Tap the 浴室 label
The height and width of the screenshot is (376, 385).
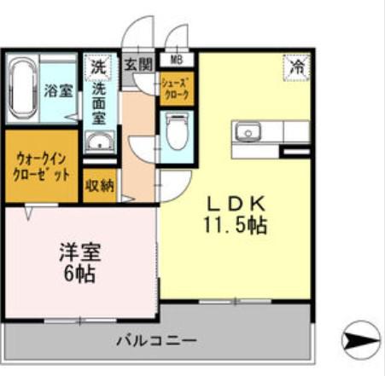57,90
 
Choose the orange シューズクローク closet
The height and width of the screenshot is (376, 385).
177,89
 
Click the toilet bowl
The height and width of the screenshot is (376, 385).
177,135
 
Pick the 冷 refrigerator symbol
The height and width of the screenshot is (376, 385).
296,65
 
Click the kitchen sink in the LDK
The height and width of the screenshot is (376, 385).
249,132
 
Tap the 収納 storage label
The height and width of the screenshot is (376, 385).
99,186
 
